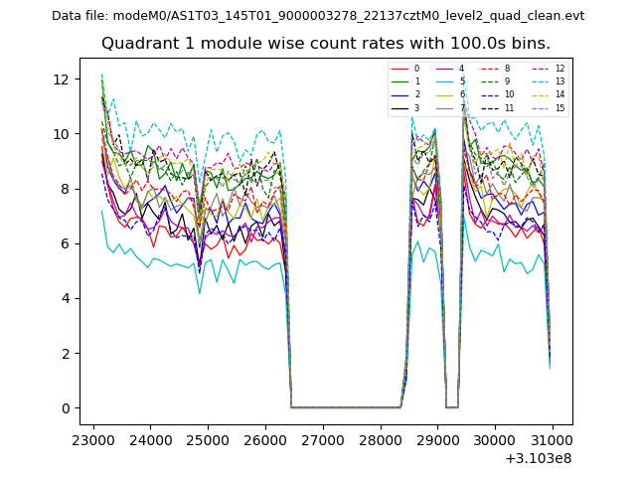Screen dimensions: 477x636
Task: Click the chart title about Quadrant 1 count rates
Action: (x=325, y=44)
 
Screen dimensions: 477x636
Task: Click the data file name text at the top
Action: (x=318, y=16)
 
